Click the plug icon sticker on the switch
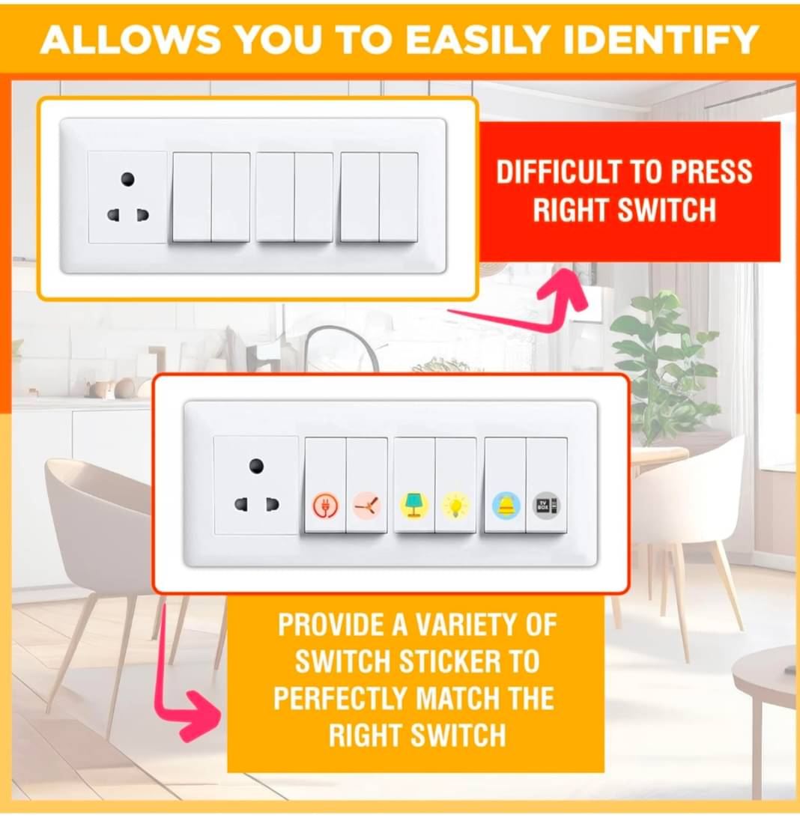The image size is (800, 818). point(324,506)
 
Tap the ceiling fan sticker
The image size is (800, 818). point(367,506)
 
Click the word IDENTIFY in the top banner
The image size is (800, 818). point(646,40)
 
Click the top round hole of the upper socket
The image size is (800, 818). point(128,179)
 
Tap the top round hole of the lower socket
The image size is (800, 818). point(256,465)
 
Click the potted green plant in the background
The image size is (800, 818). point(663,360)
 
